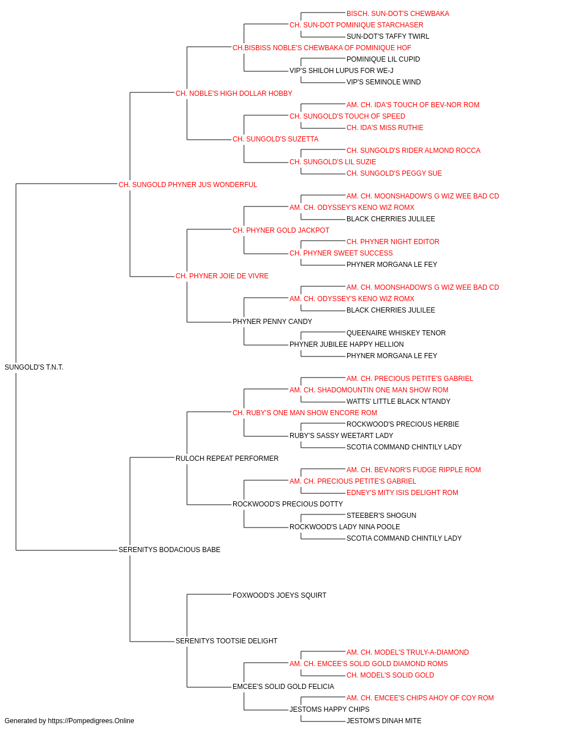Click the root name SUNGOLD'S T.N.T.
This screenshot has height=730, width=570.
coord(34,367)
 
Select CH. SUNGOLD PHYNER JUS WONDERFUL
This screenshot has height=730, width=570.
coord(188,185)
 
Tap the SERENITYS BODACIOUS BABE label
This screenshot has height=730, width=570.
coord(169,550)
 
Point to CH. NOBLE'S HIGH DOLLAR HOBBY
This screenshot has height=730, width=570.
coord(234,94)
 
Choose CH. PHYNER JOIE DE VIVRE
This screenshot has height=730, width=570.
coord(222,276)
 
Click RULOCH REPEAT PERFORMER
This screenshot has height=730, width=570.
coord(227,459)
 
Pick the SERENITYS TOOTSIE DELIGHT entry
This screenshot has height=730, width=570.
coord(227,641)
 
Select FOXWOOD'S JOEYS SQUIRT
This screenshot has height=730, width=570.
coord(279,595)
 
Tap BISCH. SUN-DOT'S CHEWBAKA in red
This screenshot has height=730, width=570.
coord(398,14)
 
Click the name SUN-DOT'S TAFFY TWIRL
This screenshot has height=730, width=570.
coord(388,36)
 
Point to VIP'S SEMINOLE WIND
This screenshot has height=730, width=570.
coord(384,82)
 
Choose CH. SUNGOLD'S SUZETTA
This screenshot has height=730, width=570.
coord(276,139)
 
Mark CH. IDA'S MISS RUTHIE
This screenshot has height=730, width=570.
coord(385,128)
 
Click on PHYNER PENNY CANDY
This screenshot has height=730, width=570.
coord(272,322)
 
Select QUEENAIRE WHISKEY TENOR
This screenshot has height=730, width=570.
coord(396,333)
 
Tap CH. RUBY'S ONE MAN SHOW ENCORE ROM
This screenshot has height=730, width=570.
coord(305,413)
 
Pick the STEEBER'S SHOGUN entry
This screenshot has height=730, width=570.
coord(381,516)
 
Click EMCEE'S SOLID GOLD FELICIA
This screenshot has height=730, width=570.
coord(283,687)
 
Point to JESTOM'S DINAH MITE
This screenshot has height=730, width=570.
coord(384,721)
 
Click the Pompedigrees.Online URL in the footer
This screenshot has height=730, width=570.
coord(91,721)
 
